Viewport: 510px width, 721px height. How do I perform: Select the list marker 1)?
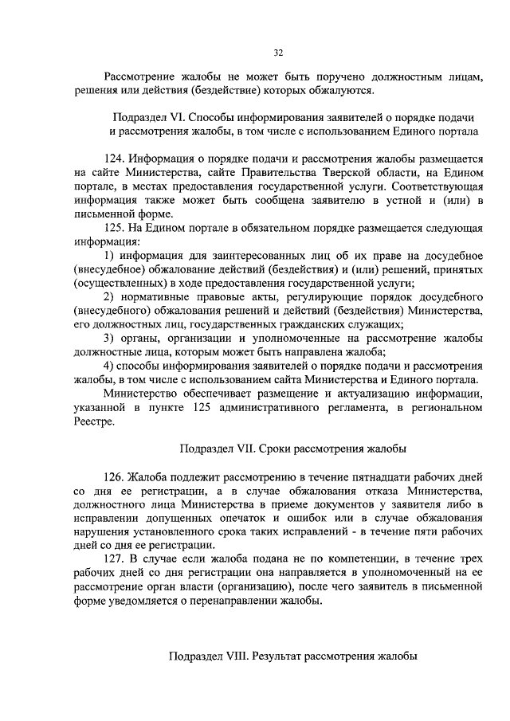[x=111, y=255]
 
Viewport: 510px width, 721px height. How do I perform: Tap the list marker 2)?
[x=111, y=296]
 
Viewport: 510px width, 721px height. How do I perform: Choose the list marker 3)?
[x=111, y=338]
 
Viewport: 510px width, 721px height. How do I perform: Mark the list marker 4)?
[x=111, y=366]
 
